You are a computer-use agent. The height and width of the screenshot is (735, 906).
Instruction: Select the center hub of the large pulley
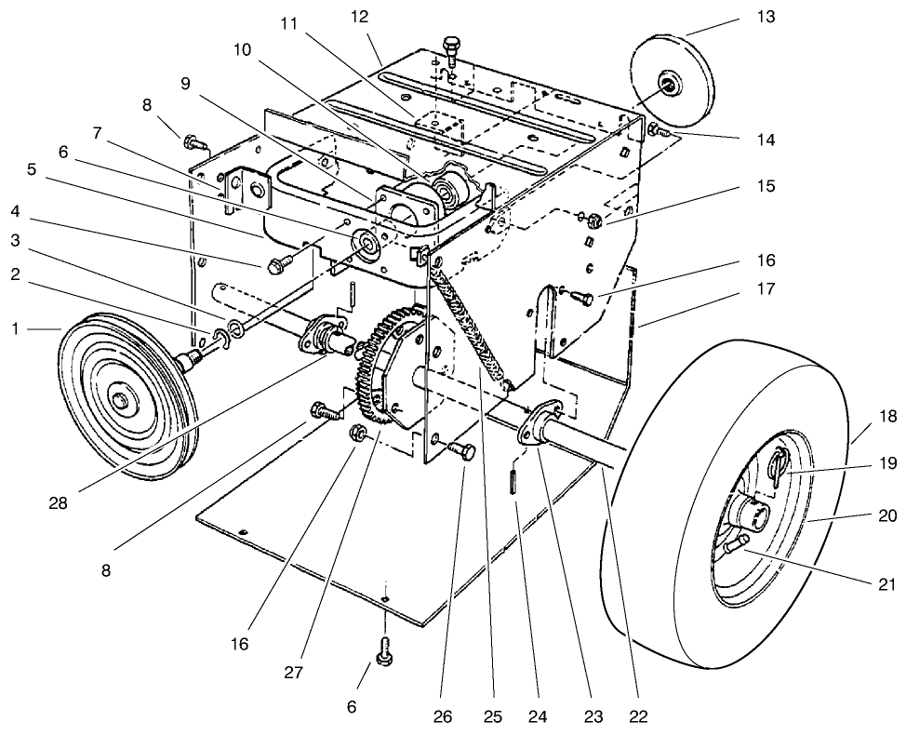tap(120, 399)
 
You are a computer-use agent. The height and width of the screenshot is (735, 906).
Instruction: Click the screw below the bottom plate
tap(384, 654)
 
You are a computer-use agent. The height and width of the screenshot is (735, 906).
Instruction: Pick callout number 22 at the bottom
tap(637, 716)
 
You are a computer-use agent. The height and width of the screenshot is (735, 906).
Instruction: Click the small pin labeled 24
tap(513, 485)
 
